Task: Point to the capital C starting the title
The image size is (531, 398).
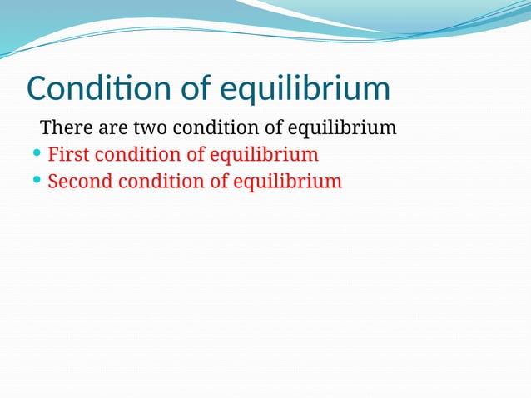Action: coord(38,89)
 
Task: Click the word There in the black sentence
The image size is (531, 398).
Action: coord(62,128)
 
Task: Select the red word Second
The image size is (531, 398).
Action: coord(77,181)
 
